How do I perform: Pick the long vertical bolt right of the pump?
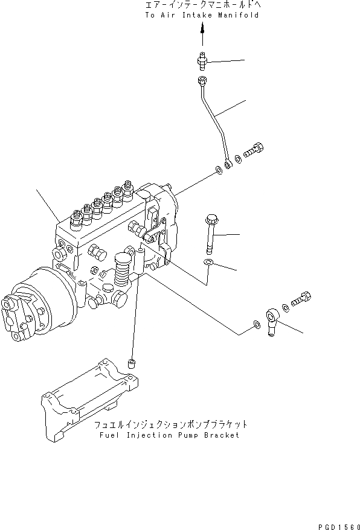(211, 232)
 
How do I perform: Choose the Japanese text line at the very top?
(202, 5)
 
